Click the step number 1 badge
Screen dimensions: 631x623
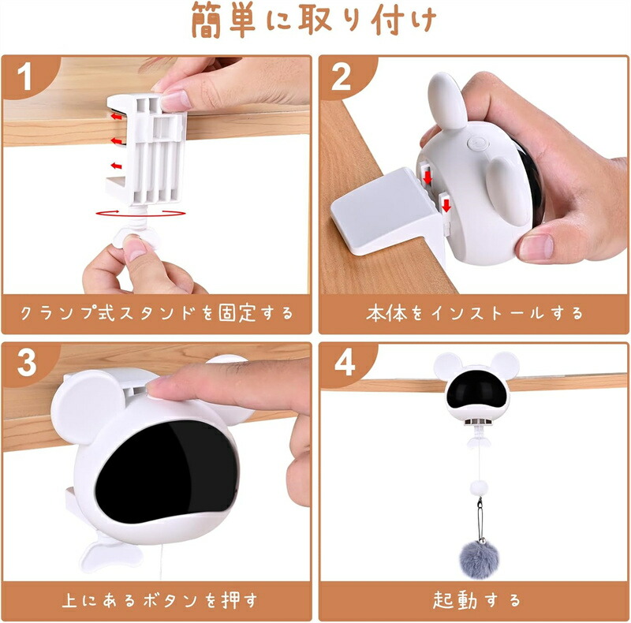tap(25, 76)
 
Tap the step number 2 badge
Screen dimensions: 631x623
tap(342, 76)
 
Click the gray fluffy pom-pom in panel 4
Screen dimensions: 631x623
tap(479, 559)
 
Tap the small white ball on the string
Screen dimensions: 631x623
tap(479, 489)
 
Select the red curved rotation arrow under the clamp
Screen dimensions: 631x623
tap(140, 213)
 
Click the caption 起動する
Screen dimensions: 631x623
tap(476, 600)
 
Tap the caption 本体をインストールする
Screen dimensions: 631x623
tap(475, 313)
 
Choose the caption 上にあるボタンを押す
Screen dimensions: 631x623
tap(159, 600)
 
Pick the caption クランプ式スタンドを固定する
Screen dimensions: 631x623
tap(157, 313)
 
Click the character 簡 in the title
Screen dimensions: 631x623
tap(206, 20)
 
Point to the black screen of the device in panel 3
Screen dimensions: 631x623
tap(166, 471)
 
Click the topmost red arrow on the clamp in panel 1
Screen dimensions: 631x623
tap(116, 117)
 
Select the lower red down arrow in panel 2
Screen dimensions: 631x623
tap(446, 206)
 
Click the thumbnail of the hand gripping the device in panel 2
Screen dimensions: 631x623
tap(536, 245)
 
